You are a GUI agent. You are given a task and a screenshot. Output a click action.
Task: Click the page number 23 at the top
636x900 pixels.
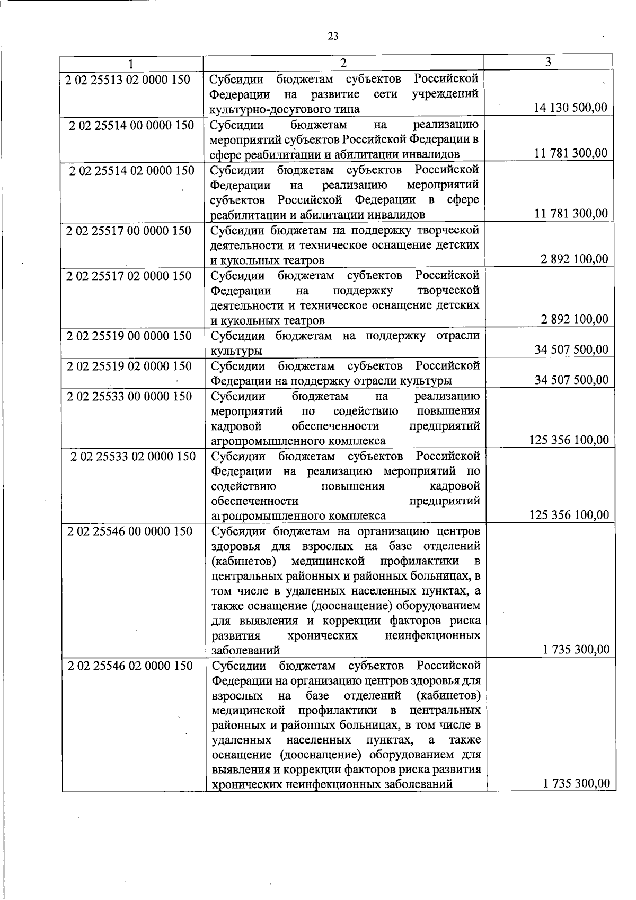(333, 36)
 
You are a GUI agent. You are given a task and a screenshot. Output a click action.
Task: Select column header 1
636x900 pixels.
(130, 63)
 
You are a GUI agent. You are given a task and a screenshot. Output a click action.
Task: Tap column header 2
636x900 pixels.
(343, 63)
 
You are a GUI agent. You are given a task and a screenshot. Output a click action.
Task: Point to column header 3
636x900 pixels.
(548, 62)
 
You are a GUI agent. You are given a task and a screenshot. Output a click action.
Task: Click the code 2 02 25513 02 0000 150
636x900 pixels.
(128, 80)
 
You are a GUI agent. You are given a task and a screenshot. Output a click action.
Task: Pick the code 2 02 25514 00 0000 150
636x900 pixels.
(131, 126)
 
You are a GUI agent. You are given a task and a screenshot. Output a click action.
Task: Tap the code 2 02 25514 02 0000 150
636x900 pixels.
(131, 171)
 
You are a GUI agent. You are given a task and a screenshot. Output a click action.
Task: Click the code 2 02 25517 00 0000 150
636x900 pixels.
(129, 231)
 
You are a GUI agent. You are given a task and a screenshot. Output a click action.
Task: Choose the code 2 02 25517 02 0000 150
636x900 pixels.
(129, 276)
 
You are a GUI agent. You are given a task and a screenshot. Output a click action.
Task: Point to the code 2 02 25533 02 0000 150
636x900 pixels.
(133, 457)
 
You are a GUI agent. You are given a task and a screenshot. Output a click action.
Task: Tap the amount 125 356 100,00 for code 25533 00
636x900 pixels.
(569, 440)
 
